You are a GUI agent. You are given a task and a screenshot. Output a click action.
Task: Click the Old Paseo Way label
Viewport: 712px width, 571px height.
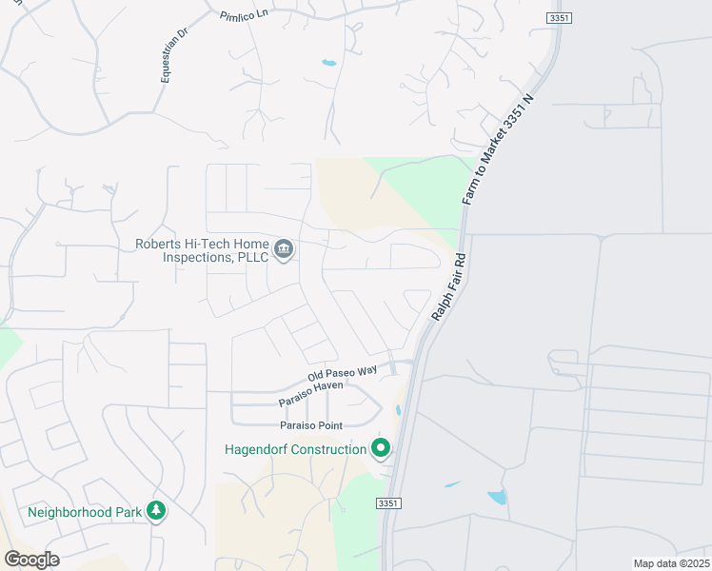click(342, 373)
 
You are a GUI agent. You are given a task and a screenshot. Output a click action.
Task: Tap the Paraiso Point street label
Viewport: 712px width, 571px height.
click(310, 424)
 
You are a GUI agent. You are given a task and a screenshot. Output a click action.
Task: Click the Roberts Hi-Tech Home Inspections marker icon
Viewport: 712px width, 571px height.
click(284, 250)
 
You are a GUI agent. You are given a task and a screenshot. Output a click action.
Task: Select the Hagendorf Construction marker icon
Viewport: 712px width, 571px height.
click(381, 447)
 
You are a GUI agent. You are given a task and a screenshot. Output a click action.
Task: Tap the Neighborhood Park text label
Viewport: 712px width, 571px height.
click(85, 512)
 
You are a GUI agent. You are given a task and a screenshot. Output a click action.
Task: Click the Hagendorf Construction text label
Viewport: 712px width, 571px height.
click(295, 449)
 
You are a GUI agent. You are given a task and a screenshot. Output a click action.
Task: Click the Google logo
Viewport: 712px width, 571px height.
click(31, 560)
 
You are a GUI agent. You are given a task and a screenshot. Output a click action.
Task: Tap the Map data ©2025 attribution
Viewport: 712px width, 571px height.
click(671, 563)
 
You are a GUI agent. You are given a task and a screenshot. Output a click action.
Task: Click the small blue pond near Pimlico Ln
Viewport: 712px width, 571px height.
click(328, 63)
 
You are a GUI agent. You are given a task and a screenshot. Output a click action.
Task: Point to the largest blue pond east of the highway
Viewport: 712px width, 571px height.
click(496, 497)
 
